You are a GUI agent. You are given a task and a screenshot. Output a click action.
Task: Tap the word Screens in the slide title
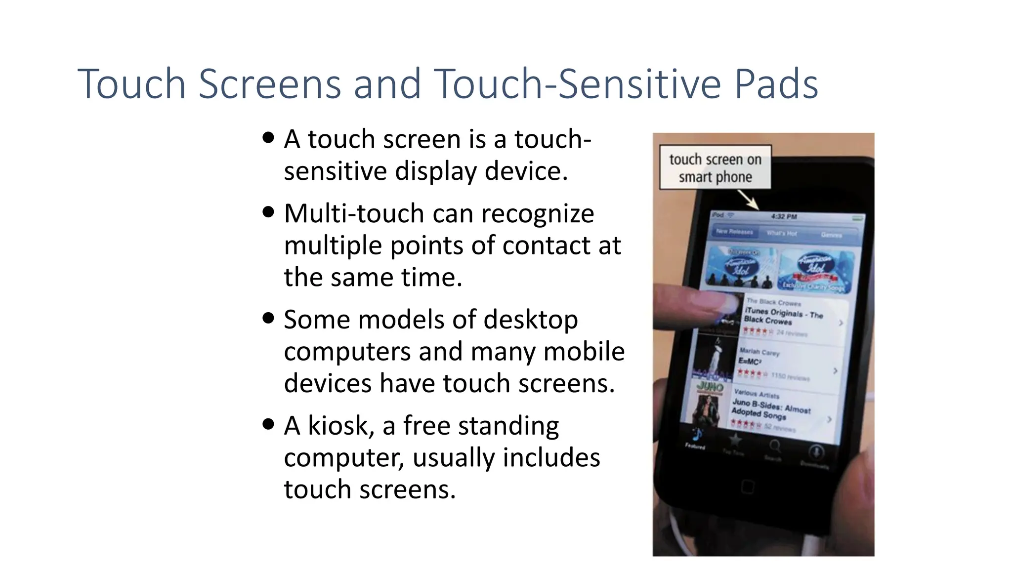(270, 84)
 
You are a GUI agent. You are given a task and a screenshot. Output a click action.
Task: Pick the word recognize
(538, 213)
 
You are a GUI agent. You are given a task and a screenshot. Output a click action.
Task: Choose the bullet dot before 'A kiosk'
(268, 424)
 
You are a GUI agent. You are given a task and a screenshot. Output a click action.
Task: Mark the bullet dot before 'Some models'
(268, 318)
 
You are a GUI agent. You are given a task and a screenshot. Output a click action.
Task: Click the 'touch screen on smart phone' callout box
(715, 167)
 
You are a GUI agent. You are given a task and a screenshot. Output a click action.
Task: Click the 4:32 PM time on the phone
(784, 216)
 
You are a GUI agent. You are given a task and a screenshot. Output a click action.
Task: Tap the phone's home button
(748, 487)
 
